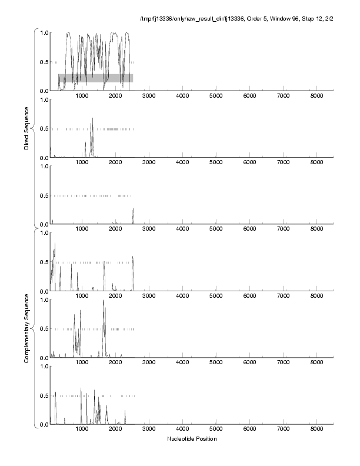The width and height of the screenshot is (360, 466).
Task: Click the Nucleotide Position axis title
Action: click(x=192, y=439)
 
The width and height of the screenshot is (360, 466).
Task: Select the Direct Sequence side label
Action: click(x=27, y=128)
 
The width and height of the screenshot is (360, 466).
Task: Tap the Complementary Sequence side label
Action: click(x=27, y=328)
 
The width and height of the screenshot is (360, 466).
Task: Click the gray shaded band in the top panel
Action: click(x=95, y=78)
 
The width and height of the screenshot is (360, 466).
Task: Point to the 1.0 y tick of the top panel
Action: click(x=44, y=33)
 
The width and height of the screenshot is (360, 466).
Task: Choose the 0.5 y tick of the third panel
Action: click(x=44, y=195)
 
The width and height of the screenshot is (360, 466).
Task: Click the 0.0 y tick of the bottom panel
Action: click(x=44, y=424)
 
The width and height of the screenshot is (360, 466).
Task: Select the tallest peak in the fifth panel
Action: click(x=104, y=301)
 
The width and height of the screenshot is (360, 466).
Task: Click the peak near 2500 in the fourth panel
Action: click(x=133, y=258)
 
